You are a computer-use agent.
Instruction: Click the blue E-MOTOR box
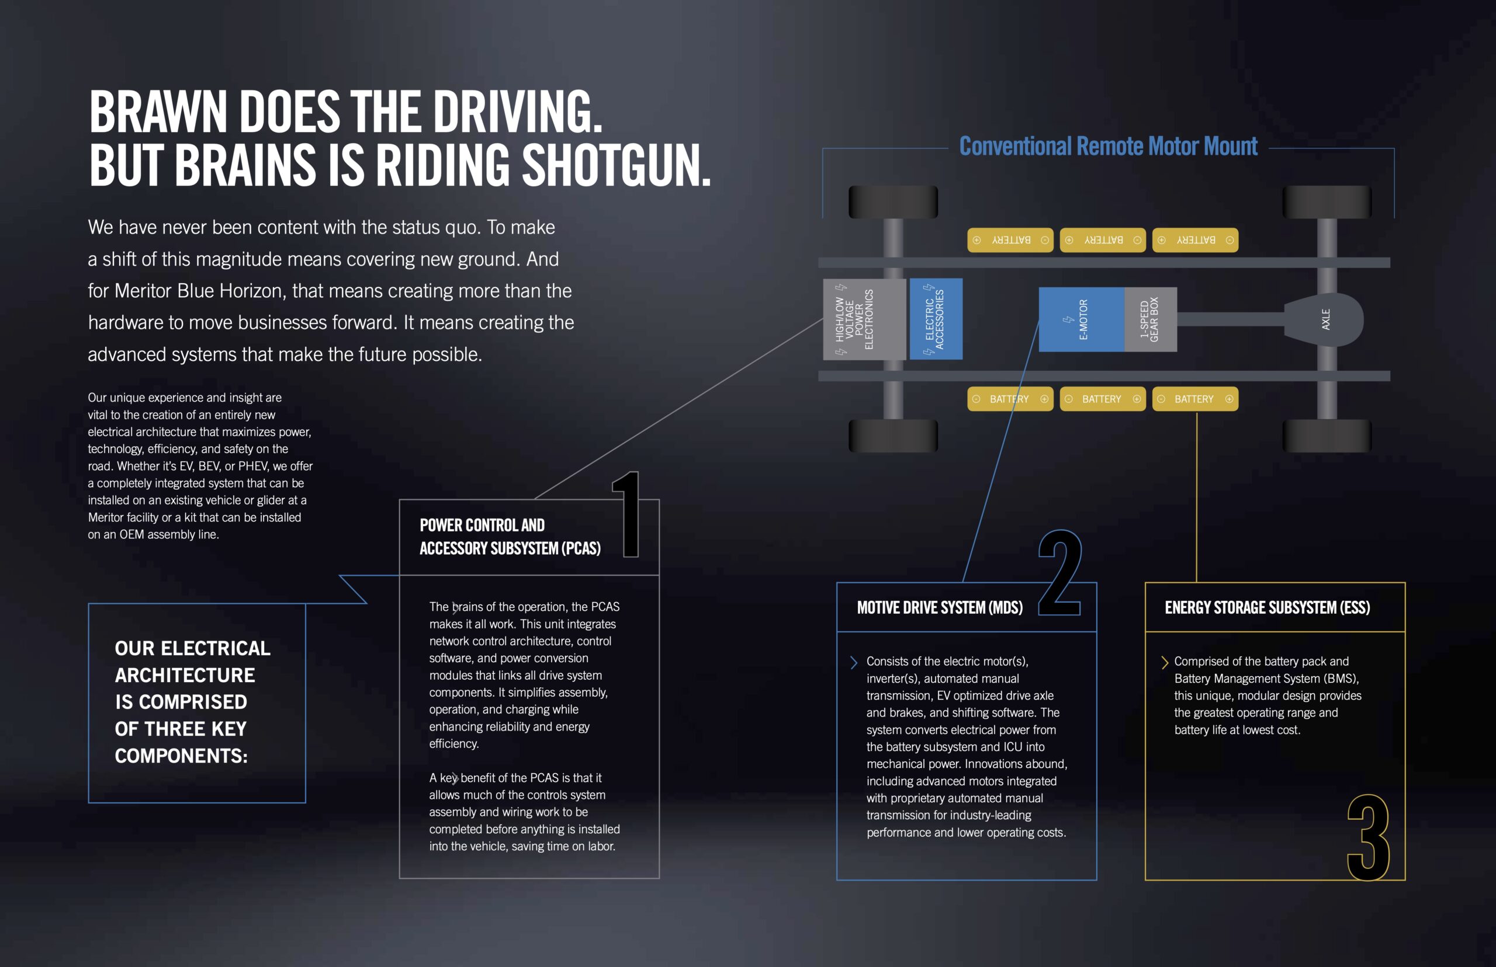pyautogui.click(x=1081, y=319)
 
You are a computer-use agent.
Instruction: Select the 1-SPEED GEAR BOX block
pyautogui.click(x=1150, y=319)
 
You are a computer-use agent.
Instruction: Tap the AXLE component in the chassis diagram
pyautogui.click(x=1324, y=319)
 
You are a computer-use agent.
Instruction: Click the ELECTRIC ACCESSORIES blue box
pyautogui.click(x=936, y=319)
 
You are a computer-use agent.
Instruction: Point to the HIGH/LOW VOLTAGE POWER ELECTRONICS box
pyautogui.click(x=863, y=319)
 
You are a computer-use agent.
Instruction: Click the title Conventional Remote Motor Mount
pyautogui.click(x=1108, y=147)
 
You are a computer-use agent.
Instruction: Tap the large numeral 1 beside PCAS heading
pyautogui.click(x=628, y=515)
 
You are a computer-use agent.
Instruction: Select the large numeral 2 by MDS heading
pyautogui.click(x=1059, y=573)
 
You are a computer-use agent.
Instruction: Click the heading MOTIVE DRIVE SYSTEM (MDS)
pyautogui.click(x=939, y=608)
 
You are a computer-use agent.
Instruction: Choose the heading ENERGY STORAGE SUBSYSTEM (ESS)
pyautogui.click(x=1267, y=608)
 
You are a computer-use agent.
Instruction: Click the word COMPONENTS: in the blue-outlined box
pyautogui.click(x=181, y=756)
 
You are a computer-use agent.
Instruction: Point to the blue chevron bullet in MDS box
pyautogui.click(x=853, y=662)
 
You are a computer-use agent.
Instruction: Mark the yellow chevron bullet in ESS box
pyautogui.click(x=1164, y=662)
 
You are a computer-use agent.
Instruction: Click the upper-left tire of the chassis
pyautogui.click(x=893, y=202)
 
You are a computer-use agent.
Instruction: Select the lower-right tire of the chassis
pyautogui.click(x=1327, y=435)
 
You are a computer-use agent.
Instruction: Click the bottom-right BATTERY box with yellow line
pyautogui.click(x=1195, y=399)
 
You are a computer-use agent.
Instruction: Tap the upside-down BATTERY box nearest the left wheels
pyautogui.click(x=1010, y=240)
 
